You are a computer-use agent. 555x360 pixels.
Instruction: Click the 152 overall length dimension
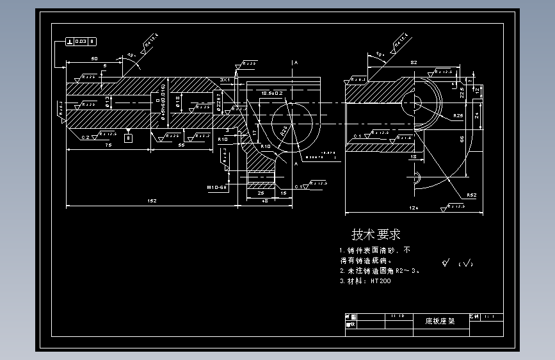coord(152,201)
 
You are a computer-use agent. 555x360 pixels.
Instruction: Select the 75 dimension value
coord(108,145)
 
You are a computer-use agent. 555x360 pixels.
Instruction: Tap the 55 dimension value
coord(181,145)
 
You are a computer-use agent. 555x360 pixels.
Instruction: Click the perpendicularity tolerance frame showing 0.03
coord(81,42)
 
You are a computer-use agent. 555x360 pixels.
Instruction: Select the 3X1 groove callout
coord(225,79)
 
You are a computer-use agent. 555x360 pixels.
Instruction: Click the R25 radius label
coord(458,115)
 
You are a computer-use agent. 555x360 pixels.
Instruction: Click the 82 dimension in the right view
coord(414,62)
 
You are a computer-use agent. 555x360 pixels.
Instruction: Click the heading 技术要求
coord(376,234)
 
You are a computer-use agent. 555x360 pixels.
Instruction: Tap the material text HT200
coord(380,281)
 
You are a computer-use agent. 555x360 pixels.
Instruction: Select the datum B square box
coord(128,138)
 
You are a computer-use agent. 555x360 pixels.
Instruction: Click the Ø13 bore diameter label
coord(108,102)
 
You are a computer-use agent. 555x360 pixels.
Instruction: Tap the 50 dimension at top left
coord(94,59)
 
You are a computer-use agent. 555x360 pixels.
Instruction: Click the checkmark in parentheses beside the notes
coord(467,263)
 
